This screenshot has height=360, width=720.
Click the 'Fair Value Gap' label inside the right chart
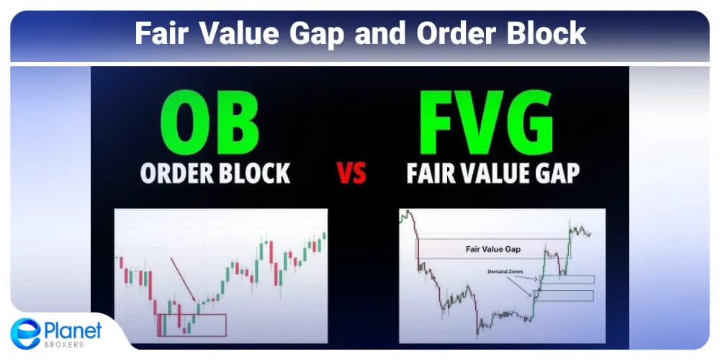(x=492, y=250)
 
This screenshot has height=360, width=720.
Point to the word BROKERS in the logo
(x=62, y=343)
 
